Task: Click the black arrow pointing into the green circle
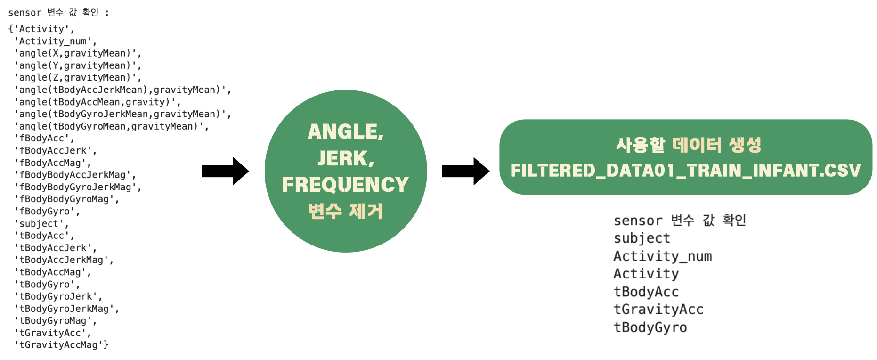pos(225,171)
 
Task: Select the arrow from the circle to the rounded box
pos(465,171)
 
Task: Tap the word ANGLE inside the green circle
pos(345,131)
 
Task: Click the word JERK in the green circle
pos(345,158)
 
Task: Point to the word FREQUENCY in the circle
pos(345,185)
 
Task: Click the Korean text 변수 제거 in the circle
pos(345,211)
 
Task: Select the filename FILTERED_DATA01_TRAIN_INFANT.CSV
pos(685,170)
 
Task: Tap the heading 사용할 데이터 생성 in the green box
pos(688,145)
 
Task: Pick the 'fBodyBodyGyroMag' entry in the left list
pos(66,199)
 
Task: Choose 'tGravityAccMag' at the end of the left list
pos(61,345)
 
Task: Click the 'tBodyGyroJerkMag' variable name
pos(66,309)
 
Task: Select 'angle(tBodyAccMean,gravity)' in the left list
pos(97,102)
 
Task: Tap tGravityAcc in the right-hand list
pos(658,310)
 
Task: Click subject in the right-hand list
pos(642,238)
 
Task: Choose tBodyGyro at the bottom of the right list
pos(650,327)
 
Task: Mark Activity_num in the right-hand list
pos(662,256)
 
